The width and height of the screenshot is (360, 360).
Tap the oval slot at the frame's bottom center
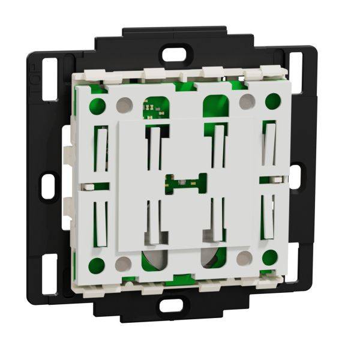pos(170,305)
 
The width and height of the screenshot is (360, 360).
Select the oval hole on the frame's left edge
pos(49,185)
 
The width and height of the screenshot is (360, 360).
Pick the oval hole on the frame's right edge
pos(295,175)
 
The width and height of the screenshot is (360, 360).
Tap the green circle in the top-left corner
pos(97,107)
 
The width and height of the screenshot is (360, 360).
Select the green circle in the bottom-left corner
pos(96,265)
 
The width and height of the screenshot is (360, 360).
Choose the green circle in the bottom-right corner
pos(270,257)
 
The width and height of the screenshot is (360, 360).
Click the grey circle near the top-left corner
pos(124,105)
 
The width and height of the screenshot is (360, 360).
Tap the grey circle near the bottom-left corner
pos(123,263)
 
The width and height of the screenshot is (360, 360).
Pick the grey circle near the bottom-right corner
pos(244,259)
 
